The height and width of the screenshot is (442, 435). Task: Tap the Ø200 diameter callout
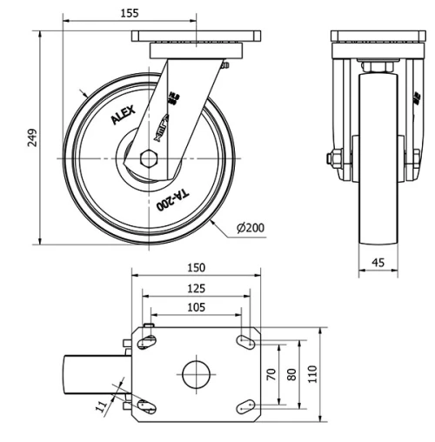[252, 228]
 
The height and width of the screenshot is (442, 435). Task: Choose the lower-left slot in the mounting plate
[148, 405]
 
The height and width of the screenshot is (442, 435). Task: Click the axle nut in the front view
[332, 158]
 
